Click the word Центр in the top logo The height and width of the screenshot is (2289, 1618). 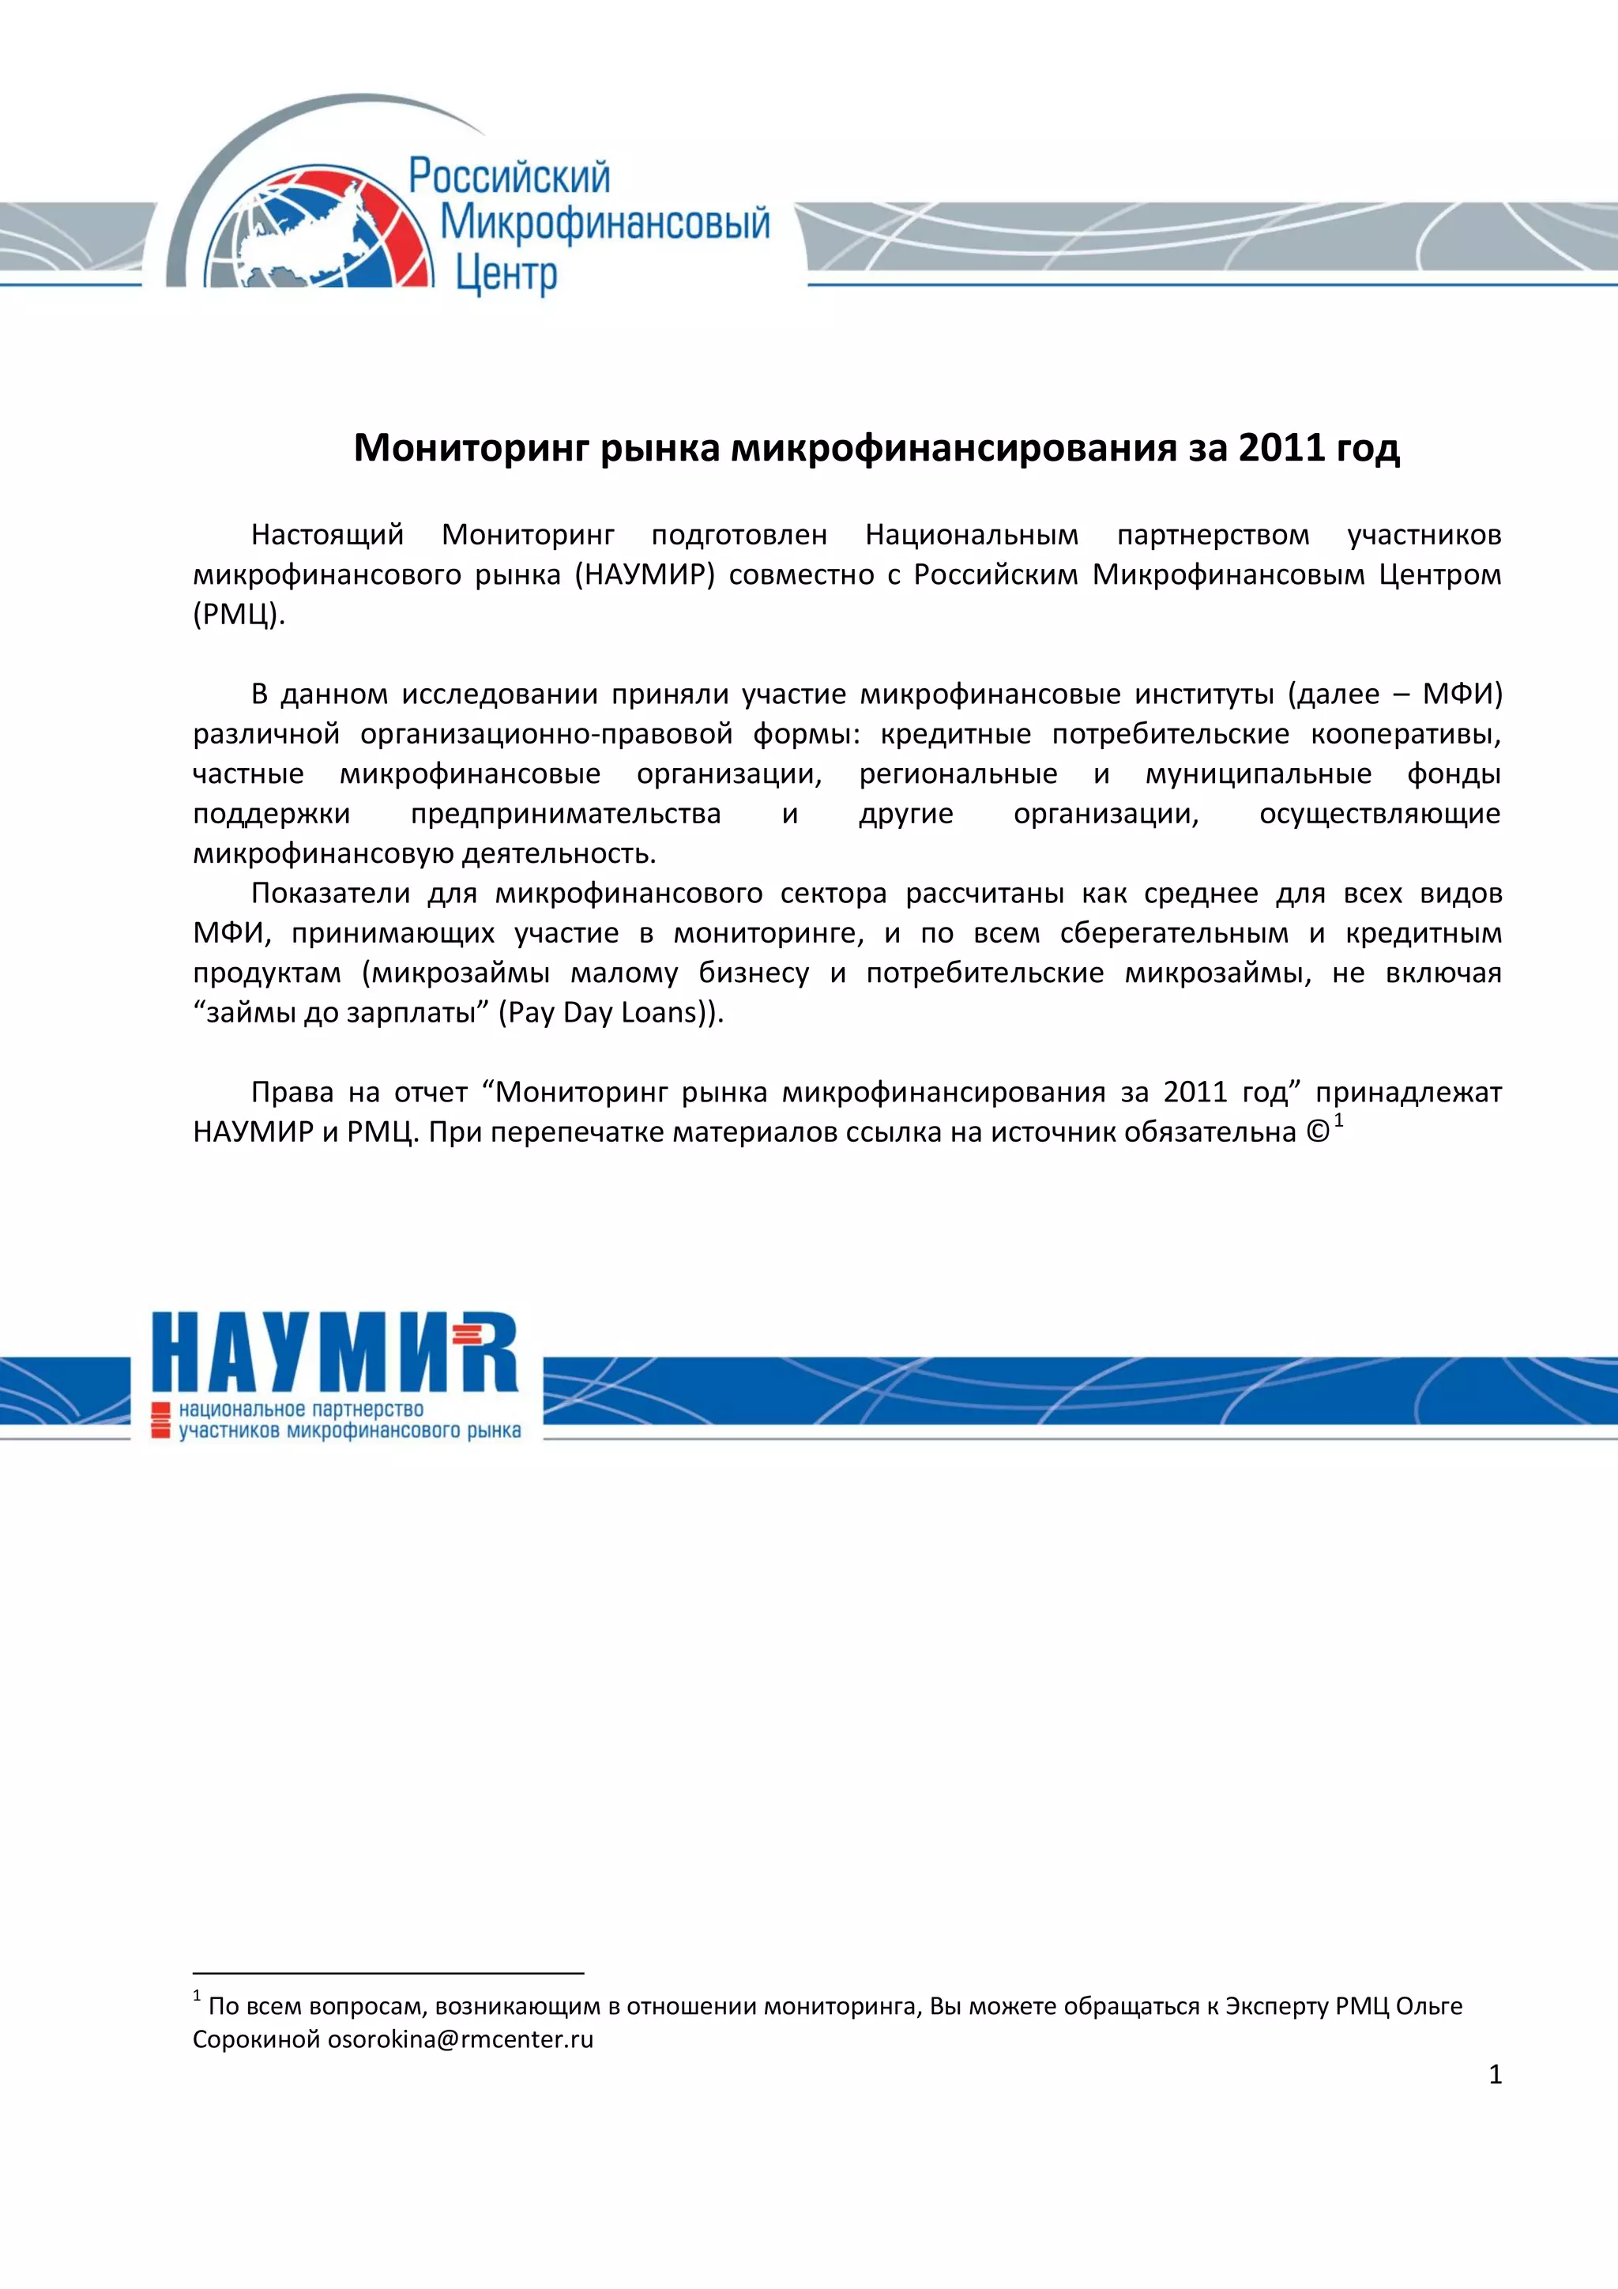click(506, 272)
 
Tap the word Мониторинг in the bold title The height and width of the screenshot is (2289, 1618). click(472, 449)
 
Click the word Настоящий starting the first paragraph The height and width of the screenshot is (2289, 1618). click(327, 536)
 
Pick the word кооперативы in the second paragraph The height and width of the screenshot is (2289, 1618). click(1405, 735)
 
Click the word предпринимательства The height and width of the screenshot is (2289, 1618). click(565, 815)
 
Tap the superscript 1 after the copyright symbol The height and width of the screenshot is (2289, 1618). click(1340, 1121)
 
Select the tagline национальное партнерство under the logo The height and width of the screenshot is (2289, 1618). click(301, 1410)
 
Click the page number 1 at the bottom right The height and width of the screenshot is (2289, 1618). click(1495, 2075)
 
